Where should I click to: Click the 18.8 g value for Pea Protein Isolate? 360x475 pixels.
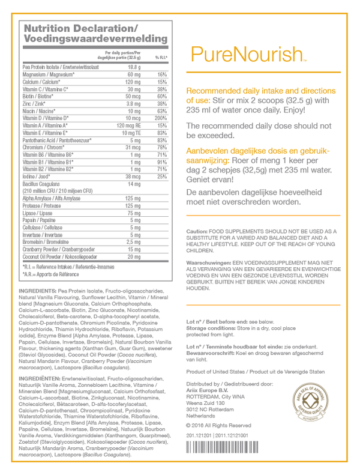point(133,67)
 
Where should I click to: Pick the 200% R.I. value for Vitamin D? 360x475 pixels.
point(160,118)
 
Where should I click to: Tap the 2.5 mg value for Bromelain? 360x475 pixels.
point(134,241)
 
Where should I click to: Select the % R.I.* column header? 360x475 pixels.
point(161,57)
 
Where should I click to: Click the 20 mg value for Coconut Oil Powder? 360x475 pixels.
point(133,256)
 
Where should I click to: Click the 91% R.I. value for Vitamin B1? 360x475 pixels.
point(160,162)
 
